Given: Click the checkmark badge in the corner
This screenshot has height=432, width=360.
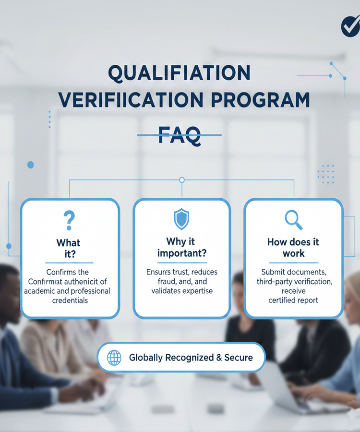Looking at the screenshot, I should click(350, 26).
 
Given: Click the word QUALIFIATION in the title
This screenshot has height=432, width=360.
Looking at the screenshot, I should click(179, 73).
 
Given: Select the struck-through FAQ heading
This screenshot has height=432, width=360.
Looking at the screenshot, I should click(179, 134).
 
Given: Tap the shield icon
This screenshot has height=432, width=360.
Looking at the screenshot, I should click(181, 219).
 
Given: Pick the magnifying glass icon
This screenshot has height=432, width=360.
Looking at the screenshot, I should click(293, 220).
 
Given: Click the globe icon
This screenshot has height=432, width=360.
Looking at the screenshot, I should click(114, 358).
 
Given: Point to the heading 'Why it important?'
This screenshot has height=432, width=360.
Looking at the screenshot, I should click(182, 247).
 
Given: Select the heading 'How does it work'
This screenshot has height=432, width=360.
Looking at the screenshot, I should click(293, 247).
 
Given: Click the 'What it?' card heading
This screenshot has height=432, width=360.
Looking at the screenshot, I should click(69, 249).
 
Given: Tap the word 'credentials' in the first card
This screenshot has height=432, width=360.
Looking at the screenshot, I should click(70, 300).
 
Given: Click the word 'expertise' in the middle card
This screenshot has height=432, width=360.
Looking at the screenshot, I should click(195, 291).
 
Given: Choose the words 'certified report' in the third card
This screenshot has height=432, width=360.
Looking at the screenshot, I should click(293, 300).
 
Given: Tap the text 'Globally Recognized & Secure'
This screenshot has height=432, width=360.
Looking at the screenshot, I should click(191, 358).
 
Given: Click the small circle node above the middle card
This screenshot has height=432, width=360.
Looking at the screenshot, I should click(181, 180).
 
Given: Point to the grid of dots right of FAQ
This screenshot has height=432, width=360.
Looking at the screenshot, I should click(326, 174).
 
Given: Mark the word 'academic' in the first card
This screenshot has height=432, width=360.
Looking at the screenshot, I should click(40, 291).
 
